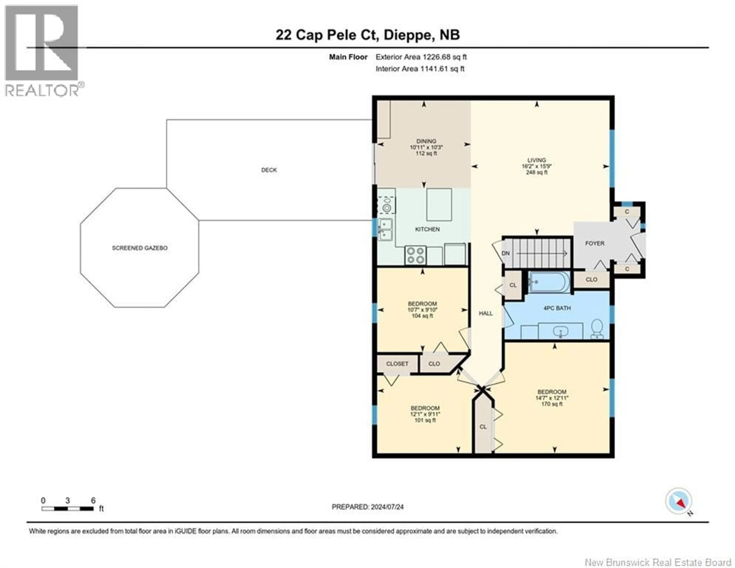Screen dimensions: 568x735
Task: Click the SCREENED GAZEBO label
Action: coord(140,248)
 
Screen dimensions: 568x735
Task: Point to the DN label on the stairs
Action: coord(506,253)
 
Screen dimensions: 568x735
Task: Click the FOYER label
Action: coord(595,243)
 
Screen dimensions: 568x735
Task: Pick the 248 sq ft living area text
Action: coord(537,172)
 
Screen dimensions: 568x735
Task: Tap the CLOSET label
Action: coord(397,364)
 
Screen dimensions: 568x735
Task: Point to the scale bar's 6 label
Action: coord(93,501)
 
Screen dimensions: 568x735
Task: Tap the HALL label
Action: coord(486,313)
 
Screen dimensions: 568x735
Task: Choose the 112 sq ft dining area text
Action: coord(426,153)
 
